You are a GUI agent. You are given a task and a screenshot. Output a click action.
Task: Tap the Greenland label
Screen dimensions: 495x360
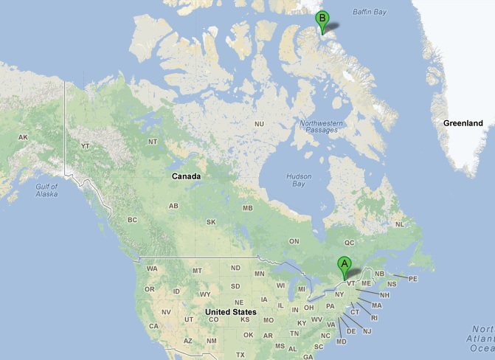pyautogui.click(x=463, y=122)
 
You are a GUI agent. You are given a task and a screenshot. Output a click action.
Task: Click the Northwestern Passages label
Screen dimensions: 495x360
pyautogui.click(x=319, y=126)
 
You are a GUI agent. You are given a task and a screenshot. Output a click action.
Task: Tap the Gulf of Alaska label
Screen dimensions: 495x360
pyautogui.click(x=46, y=191)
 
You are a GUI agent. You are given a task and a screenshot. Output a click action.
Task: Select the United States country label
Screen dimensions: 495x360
pyautogui.click(x=231, y=312)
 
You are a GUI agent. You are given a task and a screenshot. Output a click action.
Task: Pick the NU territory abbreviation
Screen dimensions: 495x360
pyautogui.click(x=259, y=124)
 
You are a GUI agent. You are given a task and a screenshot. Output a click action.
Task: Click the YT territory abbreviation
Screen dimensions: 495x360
pyautogui.click(x=85, y=146)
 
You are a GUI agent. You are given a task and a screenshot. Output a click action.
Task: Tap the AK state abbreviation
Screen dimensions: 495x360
pyautogui.click(x=23, y=138)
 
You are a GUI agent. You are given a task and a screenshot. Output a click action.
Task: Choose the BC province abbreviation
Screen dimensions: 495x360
pyautogui.click(x=133, y=220)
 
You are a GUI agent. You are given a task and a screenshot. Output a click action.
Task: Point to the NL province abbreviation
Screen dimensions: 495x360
pyautogui.click(x=400, y=224)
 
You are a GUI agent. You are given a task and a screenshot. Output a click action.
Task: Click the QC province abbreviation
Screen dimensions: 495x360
pyautogui.click(x=350, y=241)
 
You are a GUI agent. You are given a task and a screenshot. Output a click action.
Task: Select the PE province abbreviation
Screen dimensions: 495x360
pyautogui.click(x=413, y=279)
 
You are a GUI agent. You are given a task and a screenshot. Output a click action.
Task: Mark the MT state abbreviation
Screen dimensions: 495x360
pyautogui.click(x=197, y=271)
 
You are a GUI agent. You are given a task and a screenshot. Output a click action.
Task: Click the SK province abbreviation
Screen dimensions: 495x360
pyautogui.click(x=211, y=222)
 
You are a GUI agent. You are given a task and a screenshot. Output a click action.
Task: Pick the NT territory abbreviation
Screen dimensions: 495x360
pyautogui.click(x=153, y=142)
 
